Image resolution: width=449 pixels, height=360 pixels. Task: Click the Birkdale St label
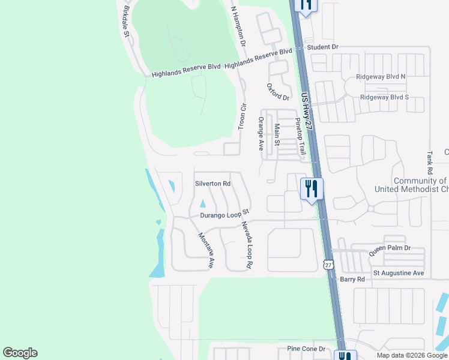(x=126, y=22)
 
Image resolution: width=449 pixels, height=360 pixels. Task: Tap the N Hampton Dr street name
(x=239, y=27)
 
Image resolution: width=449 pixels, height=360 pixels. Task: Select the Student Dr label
(x=323, y=47)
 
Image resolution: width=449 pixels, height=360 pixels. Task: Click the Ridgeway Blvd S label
(x=384, y=97)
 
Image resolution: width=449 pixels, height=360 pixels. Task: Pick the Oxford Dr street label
(x=278, y=92)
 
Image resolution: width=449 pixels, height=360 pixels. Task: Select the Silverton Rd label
(x=212, y=184)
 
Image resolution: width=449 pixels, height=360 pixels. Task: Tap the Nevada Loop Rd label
(x=246, y=245)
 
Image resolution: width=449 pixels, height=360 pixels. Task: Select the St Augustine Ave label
(x=399, y=273)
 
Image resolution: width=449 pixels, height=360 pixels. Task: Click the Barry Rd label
(x=352, y=279)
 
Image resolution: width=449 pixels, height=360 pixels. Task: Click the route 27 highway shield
(x=328, y=265)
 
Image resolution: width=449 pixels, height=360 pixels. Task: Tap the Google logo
(x=20, y=353)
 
